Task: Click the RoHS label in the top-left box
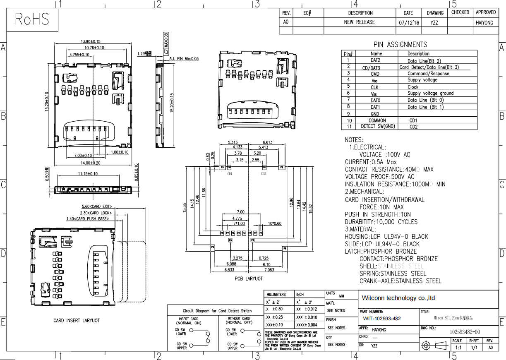coord(32,19)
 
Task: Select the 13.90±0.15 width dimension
coord(91,41)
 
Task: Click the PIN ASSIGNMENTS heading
coord(400,45)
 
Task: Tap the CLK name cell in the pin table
coord(374,87)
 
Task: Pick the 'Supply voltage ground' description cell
coord(430,94)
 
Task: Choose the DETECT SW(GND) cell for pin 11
coord(378,127)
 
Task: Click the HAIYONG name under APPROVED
coord(485,23)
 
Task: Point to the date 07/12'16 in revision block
coord(409,23)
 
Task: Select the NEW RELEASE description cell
coord(360,22)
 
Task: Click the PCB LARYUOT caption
coord(249,279)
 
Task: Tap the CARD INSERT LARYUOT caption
coord(77,321)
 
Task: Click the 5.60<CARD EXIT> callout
coord(96,206)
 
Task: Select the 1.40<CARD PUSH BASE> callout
coord(87,218)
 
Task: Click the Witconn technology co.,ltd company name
coord(398,298)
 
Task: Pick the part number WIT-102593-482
coord(382,319)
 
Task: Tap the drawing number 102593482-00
coord(465,332)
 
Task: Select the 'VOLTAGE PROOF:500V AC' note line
coord(379,177)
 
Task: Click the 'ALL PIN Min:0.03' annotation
coord(184,59)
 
